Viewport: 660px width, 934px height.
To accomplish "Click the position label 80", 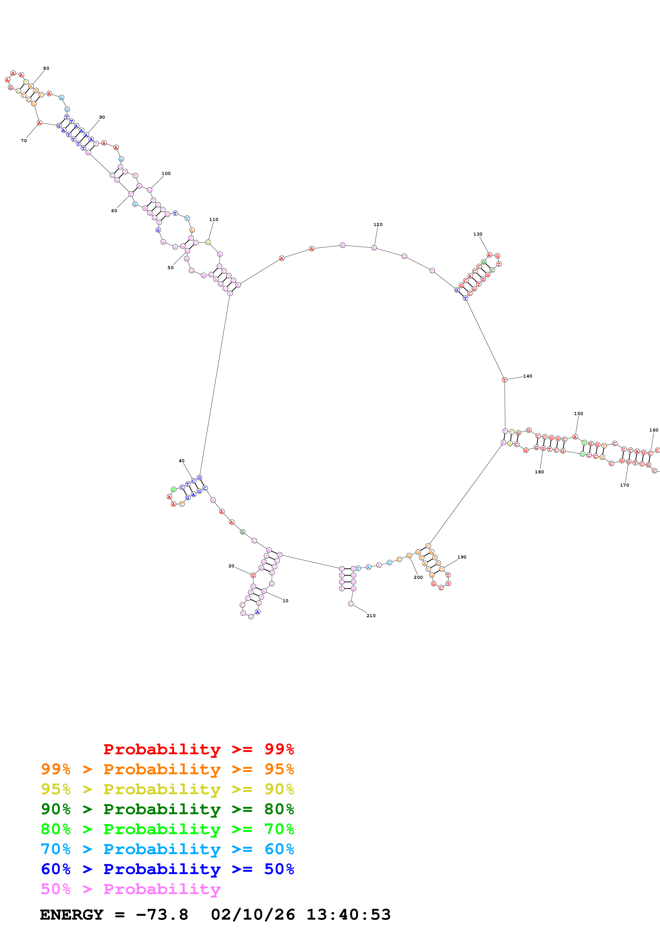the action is (46, 68).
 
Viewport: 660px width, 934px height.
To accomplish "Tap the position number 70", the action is (24, 141).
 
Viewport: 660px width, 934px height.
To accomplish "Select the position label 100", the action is (166, 173).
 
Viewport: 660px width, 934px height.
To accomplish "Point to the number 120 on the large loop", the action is (378, 224).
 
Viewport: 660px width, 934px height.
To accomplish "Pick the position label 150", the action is (578, 414).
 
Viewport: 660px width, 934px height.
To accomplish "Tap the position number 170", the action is (624, 485).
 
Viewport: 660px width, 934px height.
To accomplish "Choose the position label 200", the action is (418, 577).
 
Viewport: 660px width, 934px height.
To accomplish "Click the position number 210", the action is (371, 616).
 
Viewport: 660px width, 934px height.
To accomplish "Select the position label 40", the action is (181, 461).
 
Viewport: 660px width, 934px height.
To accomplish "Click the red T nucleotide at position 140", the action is (504, 380).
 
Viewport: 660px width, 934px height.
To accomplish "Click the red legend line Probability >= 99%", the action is (198, 749).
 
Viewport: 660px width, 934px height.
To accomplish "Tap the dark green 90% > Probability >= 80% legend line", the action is (167, 809).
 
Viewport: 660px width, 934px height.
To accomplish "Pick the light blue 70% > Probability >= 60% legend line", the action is (167, 849).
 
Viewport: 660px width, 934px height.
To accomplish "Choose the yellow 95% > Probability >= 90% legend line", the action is (167, 789).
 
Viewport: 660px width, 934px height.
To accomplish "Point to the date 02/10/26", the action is (253, 915).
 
